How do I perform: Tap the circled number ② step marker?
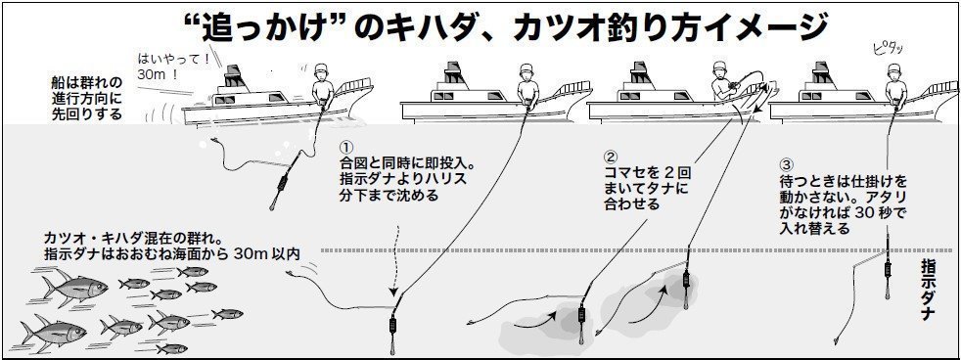click(611, 157)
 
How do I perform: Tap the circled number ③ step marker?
click(786, 165)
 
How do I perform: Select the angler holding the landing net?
click(719, 80)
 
